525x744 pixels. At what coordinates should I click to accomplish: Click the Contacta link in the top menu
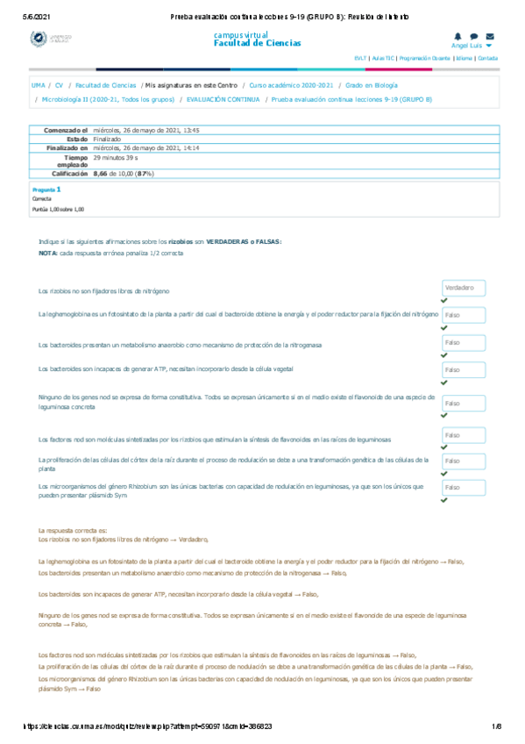pyautogui.click(x=488, y=58)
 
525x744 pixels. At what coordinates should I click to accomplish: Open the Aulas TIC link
pyautogui.click(x=382, y=58)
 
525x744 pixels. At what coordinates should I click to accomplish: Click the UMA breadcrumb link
pyautogui.click(x=38, y=86)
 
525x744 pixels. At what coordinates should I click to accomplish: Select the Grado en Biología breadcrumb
pyautogui.click(x=371, y=86)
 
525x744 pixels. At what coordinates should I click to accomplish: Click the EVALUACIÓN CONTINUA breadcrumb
pyautogui.click(x=223, y=100)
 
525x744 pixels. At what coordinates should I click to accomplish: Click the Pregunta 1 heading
pyautogui.click(x=46, y=190)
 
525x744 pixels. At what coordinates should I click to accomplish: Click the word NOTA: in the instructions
pyautogui.click(x=47, y=252)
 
